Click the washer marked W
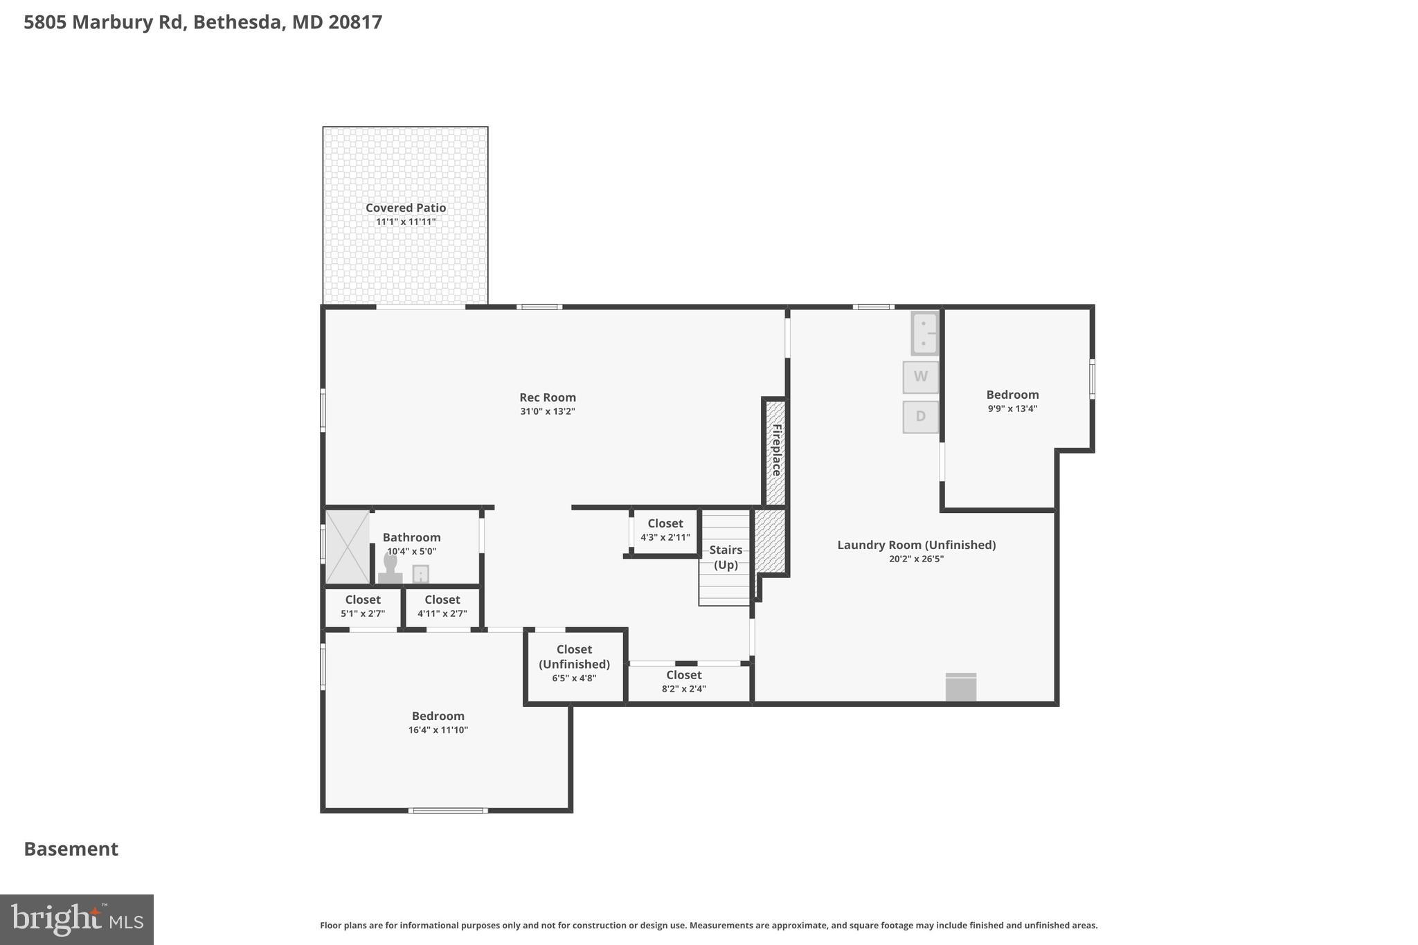click(920, 377)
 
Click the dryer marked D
click(920, 417)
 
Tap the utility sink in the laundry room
click(924, 334)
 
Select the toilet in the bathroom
click(390, 569)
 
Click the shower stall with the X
click(348, 546)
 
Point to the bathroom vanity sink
click(420, 574)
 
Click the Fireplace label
click(776, 450)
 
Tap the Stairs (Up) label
click(726, 557)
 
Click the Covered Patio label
click(406, 208)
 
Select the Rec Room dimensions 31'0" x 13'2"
click(548, 411)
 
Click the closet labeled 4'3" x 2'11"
click(665, 530)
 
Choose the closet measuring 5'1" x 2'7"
click(363, 606)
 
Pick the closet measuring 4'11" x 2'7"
click(442, 606)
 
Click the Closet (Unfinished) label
click(574, 657)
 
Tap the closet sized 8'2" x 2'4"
click(683, 681)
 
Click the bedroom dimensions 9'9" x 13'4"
click(1012, 408)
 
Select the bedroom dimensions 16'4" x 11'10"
click(438, 730)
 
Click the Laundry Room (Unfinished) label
click(916, 545)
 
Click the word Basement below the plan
click(71, 849)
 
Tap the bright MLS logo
click(76, 919)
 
